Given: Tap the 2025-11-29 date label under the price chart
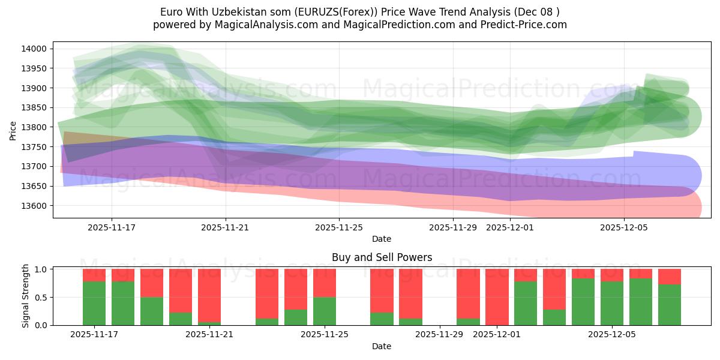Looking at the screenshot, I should [x=453, y=227].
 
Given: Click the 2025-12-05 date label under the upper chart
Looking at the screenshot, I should [x=624, y=227].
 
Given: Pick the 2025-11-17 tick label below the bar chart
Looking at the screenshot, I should [x=94, y=335].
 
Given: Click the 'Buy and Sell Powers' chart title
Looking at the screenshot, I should [x=382, y=257].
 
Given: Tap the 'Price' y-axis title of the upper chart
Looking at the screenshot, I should [x=14, y=130].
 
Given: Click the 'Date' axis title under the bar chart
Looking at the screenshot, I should [x=382, y=346].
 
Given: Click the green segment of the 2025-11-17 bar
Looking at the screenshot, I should [x=94, y=303].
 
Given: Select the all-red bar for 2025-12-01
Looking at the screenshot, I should [x=497, y=297].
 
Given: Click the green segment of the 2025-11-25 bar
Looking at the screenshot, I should [x=325, y=311].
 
